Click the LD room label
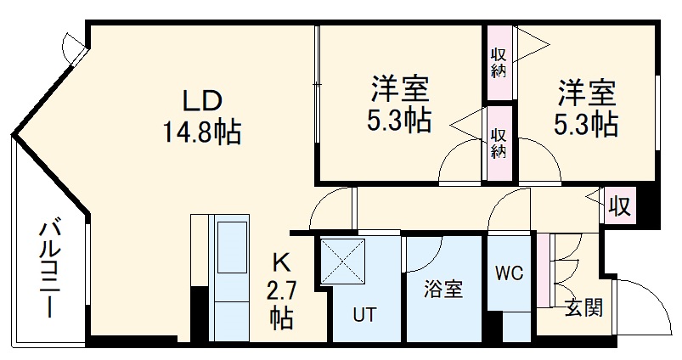pyautogui.click(x=202, y=100)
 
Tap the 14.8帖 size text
pyautogui.click(x=202, y=132)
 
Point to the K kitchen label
pyautogui.click(x=281, y=262)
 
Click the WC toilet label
pyautogui.click(x=510, y=273)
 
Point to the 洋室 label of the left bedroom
pyautogui.click(x=398, y=89)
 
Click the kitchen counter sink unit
pyautogui.click(x=228, y=246)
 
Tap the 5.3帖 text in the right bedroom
pyautogui.click(x=586, y=125)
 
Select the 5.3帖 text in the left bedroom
pyautogui.click(x=398, y=121)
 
